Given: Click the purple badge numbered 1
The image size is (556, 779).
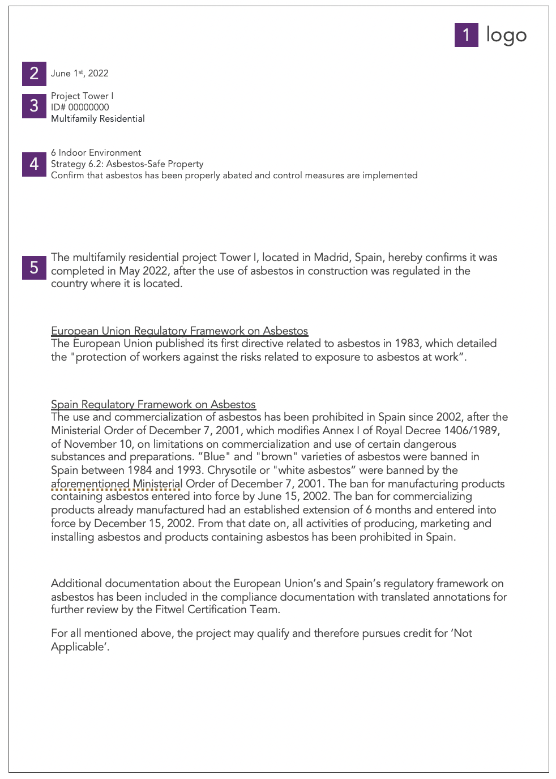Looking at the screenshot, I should pos(466,35).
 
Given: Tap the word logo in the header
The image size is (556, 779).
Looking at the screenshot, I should pos(506,35).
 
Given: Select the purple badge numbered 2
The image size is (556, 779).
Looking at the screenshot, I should pos(34,74).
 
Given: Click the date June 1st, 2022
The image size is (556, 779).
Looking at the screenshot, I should pos(79,74).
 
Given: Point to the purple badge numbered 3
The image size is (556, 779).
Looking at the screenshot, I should pos(34,106).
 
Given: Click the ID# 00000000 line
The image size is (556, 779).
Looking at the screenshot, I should pos(80,107).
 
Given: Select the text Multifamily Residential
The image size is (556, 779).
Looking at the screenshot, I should pos(98,118).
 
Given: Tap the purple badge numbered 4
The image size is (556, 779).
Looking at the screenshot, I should pos(34,164).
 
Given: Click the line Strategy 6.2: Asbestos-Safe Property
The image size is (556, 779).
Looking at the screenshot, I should pos(127,164).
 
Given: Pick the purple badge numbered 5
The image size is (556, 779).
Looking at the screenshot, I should pos(34,267).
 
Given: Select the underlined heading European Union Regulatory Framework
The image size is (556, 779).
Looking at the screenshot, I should pos(179,331).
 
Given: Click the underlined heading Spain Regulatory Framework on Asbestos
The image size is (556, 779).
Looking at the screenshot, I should pos(153,404).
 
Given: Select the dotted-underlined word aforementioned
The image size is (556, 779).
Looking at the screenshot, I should pos(90,484).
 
